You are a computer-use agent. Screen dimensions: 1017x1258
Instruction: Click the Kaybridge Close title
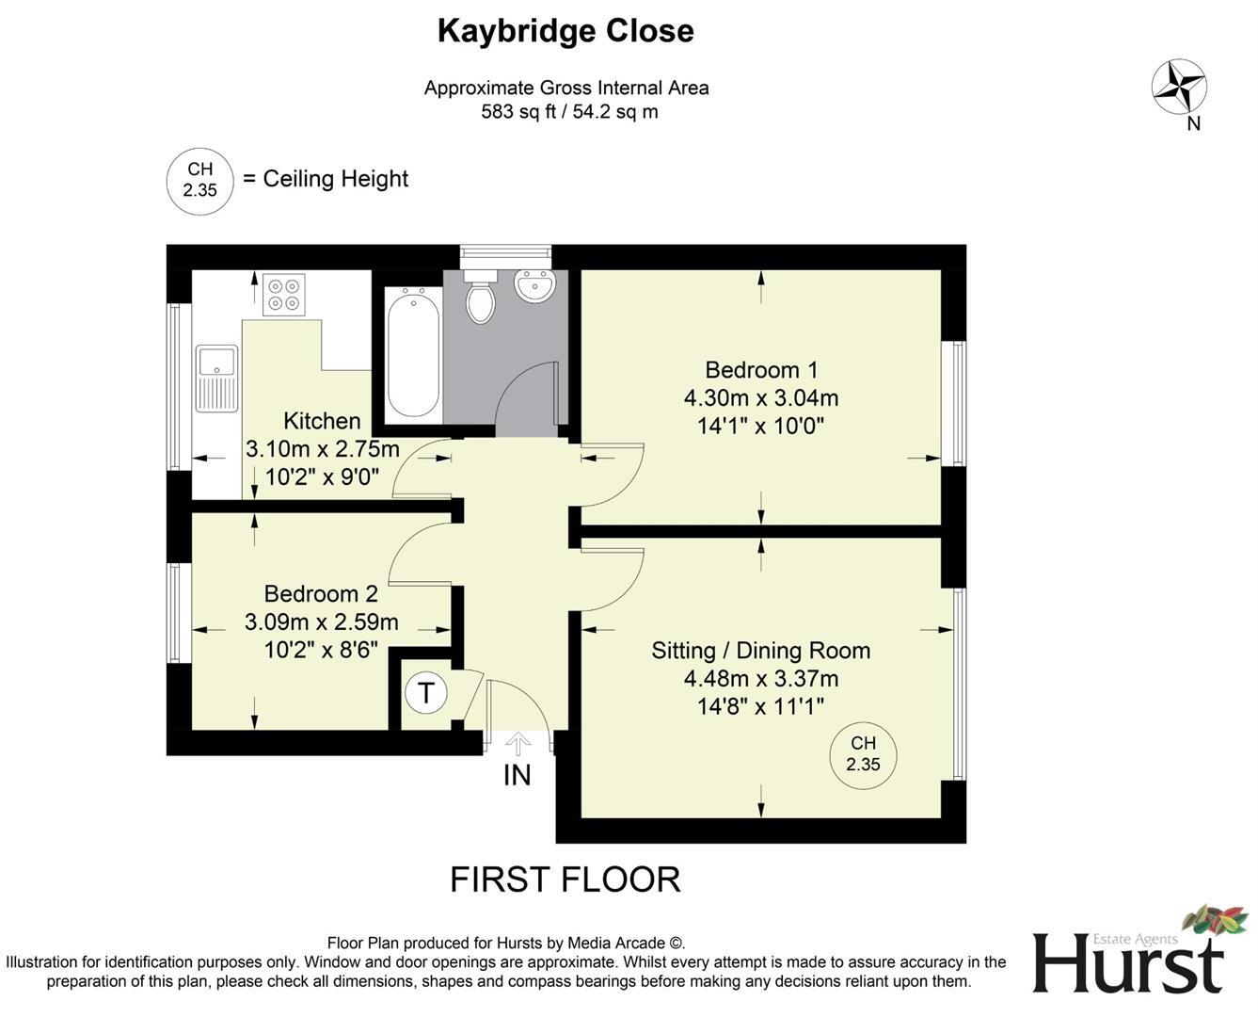[x=565, y=31]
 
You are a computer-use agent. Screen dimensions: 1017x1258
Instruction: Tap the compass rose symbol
[x=1179, y=87]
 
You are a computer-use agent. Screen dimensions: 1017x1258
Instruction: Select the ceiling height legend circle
[x=199, y=181]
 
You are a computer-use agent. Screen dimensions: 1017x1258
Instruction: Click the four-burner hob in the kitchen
[x=283, y=292]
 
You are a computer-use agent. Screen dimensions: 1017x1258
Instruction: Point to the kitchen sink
[x=216, y=379]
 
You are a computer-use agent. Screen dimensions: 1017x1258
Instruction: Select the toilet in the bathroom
[x=481, y=295]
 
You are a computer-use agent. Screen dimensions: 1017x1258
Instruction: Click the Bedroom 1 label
[x=761, y=369]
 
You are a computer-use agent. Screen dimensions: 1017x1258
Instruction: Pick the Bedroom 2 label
[x=321, y=593]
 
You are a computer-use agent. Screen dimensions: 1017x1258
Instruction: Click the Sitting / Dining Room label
[x=760, y=651]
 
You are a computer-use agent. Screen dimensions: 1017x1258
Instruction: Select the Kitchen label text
[x=322, y=421]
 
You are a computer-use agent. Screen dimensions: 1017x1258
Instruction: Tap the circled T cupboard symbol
[x=426, y=693]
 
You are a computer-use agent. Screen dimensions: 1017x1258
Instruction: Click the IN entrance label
[x=517, y=775]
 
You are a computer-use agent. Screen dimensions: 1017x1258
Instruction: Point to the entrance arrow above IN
[x=518, y=743]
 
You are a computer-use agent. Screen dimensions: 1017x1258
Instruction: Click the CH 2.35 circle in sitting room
[x=863, y=754]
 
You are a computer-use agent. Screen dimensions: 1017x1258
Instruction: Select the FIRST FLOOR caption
[x=565, y=880]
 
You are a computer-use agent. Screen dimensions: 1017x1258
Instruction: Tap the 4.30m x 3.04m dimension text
[x=761, y=397]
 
